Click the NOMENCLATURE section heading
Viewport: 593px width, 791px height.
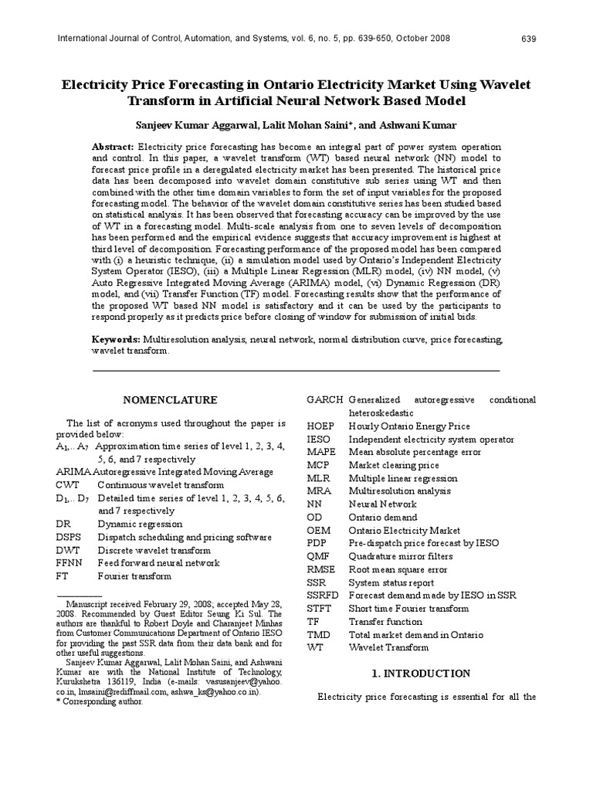click(x=171, y=399)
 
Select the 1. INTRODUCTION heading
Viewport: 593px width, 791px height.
click(x=421, y=674)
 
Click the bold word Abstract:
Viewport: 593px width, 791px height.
click(x=114, y=147)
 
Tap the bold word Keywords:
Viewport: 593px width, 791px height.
click(x=117, y=339)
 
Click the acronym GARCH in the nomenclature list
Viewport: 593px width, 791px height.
click(x=324, y=399)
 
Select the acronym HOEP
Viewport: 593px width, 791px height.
click(x=320, y=426)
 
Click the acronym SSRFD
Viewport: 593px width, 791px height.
click(x=324, y=596)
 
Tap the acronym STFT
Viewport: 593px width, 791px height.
click(x=320, y=609)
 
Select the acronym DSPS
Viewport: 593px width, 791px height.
click(x=69, y=537)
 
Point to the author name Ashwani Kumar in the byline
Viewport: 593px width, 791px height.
click(x=428, y=124)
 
